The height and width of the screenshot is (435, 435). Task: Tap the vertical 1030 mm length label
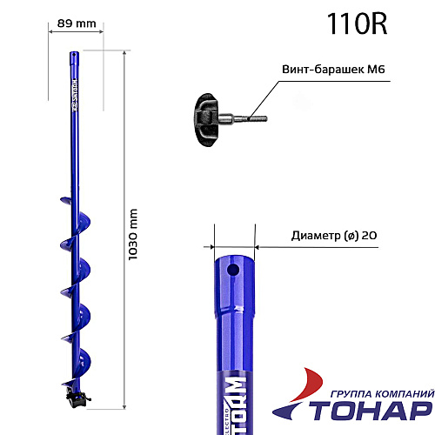coord(133,236)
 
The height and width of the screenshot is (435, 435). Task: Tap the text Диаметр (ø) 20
coord(335,235)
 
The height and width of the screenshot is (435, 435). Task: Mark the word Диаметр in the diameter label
coord(311,235)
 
